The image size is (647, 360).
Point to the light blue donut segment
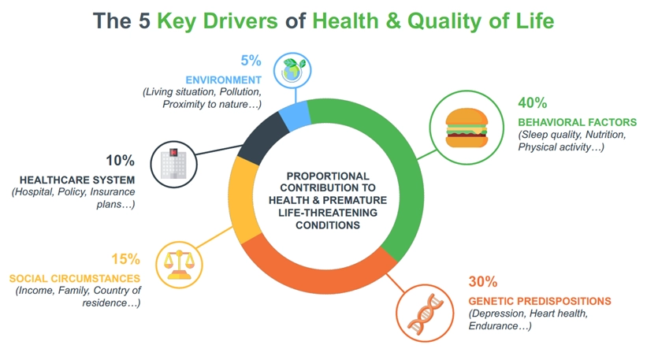tap(295, 116)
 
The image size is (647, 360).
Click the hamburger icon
tap(467, 128)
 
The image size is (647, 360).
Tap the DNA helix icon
tap(425, 313)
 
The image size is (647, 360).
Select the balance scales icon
tap(179, 265)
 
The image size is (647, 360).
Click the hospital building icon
tap(173, 164)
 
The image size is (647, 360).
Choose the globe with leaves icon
tap(292, 70)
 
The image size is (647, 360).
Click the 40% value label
tap(532, 102)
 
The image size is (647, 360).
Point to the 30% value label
tap(483, 282)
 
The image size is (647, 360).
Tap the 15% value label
tap(125, 259)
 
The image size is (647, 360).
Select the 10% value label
tap(120, 161)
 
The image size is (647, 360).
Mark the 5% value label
tap(251, 61)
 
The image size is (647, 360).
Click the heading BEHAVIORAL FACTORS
tap(578, 122)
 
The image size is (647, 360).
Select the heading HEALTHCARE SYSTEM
tap(77, 180)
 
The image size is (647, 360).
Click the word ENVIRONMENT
tap(223, 80)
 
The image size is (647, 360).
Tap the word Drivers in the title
tap(240, 21)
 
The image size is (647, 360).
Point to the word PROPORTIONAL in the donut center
tap(328, 176)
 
